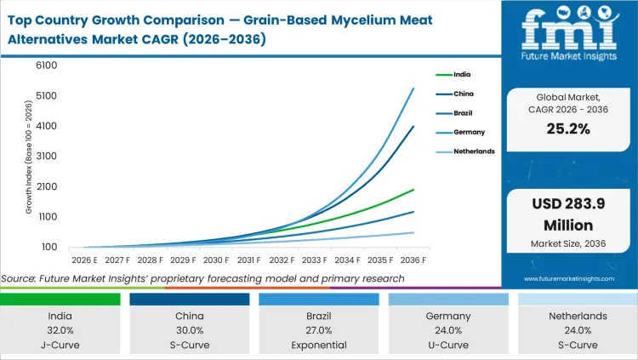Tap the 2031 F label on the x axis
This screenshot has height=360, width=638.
tap(248, 260)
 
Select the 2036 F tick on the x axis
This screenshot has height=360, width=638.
tap(413, 260)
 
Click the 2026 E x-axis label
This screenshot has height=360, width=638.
tap(84, 260)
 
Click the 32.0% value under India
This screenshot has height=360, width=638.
tap(60, 330)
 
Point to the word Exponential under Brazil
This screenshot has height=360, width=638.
tap(319, 345)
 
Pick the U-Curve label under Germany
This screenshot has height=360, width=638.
tap(448, 345)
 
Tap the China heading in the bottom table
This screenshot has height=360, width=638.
tap(190, 316)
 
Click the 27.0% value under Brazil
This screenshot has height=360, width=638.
tap(319, 330)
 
